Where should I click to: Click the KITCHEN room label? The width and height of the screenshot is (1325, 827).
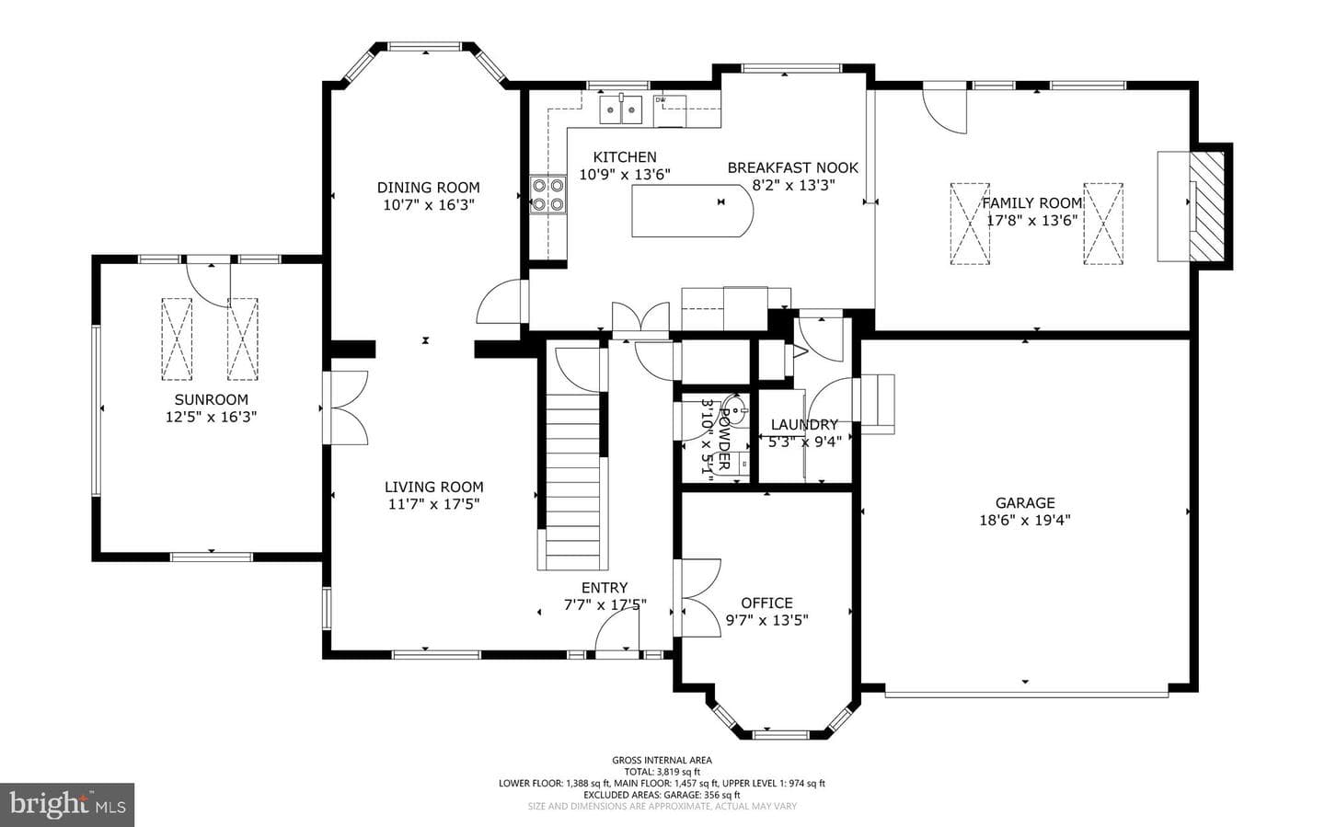[x=625, y=156]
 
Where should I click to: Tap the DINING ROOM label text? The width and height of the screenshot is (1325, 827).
[x=428, y=188]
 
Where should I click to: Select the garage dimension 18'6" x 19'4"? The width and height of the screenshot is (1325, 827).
[x=1025, y=520]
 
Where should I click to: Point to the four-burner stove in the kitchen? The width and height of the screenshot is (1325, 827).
[x=547, y=195]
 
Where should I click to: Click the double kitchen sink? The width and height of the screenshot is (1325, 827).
[x=621, y=109]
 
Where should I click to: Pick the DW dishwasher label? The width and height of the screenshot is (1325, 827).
[x=661, y=100]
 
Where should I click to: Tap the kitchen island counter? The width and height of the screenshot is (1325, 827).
[x=693, y=211]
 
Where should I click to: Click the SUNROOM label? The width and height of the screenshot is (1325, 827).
[x=212, y=399]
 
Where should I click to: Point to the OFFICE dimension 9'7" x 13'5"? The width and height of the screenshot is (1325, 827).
[x=766, y=620]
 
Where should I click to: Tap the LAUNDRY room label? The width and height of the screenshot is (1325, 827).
[x=804, y=425]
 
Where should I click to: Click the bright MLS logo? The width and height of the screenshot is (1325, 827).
[x=67, y=805]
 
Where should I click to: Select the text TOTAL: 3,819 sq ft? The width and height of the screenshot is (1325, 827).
[x=662, y=772]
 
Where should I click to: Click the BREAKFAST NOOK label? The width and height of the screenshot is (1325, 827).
[x=792, y=168]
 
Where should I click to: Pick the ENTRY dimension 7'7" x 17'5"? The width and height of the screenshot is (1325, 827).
[x=605, y=604]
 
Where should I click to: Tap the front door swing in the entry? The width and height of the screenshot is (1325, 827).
[x=616, y=633]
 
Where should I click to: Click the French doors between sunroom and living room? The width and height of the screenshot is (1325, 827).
[x=346, y=408]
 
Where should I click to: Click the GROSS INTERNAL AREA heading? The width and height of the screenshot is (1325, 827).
[x=662, y=760]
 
